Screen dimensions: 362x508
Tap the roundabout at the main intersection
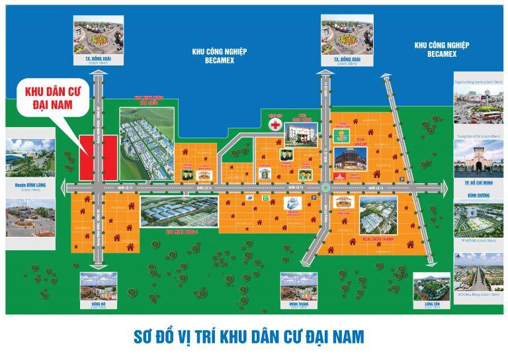coord(325,187)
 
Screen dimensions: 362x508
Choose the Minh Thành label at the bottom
coord(294,306)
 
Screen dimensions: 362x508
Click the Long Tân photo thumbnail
coord(431,285)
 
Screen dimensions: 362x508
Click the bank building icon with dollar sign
coord(264,173)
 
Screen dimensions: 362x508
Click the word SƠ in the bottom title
coord(140,336)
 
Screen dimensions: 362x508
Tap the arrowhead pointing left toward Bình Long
coord(67,187)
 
